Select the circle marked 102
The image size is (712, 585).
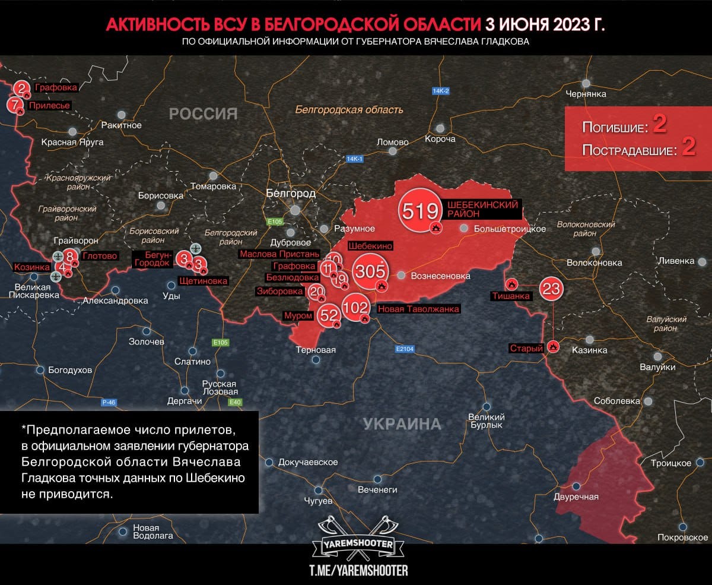pyautogui.click(x=356, y=307)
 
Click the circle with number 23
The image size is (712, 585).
pyautogui.click(x=551, y=289)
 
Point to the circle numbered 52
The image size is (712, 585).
pyautogui.click(x=328, y=315)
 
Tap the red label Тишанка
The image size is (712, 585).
pyautogui.click(x=510, y=296)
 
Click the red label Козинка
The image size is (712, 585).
pyautogui.click(x=31, y=267)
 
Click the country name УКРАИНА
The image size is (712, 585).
pyautogui.click(x=402, y=424)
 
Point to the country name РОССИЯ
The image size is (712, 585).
pyautogui.click(x=203, y=113)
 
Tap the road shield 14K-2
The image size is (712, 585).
pyautogui.click(x=441, y=91)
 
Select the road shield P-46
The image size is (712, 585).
pyautogui.click(x=109, y=403)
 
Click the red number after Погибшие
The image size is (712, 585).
pyautogui.click(x=660, y=124)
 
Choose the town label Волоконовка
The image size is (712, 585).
pyautogui.click(x=595, y=263)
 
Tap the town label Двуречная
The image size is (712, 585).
pyautogui.click(x=576, y=498)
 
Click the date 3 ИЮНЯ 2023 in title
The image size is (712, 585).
pyautogui.click(x=546, y=24)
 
